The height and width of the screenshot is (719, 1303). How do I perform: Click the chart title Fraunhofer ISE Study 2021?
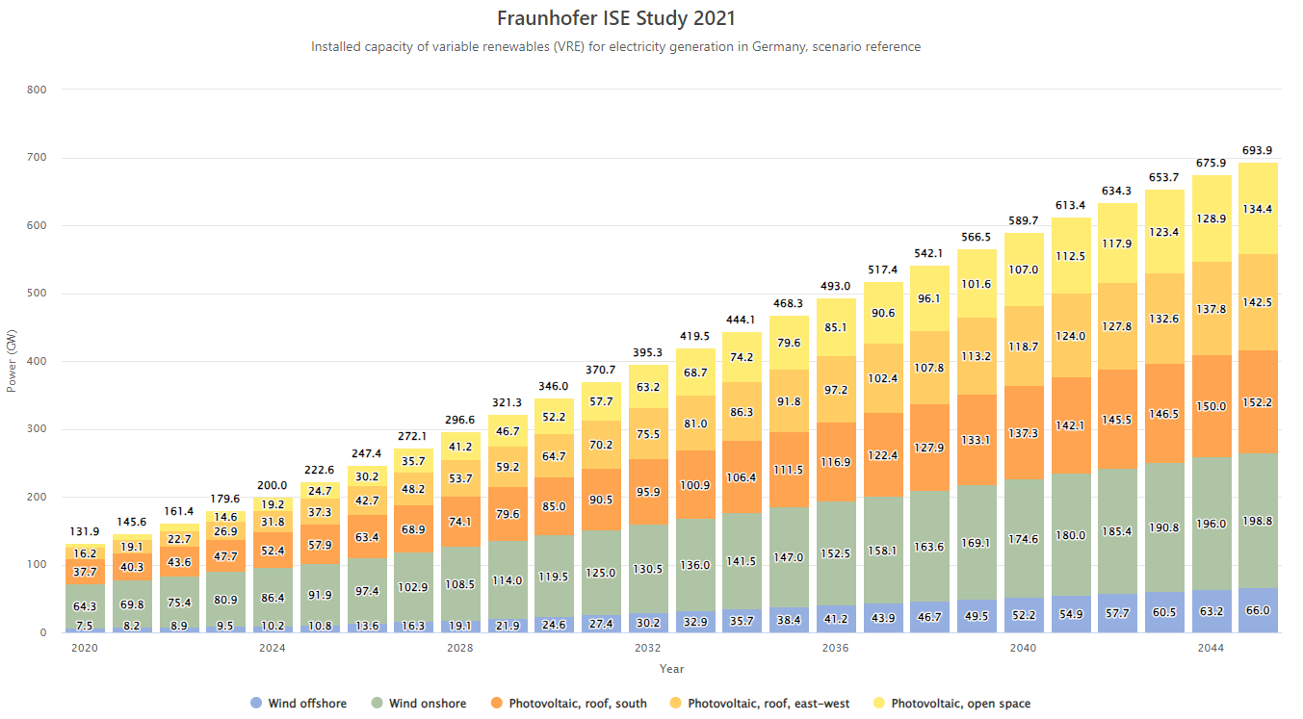tap(615, 18)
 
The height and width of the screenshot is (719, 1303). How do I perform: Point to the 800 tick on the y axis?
tap(37, 90)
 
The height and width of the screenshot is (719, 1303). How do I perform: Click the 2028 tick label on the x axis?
tap(459, 648)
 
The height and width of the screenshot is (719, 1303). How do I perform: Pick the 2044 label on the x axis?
tap(1211, 648)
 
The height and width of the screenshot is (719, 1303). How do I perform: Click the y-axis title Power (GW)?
tap(13, 361)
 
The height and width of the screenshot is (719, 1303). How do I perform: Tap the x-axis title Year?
tap(671, 668)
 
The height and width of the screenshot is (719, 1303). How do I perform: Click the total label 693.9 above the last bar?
tap(1258, 151)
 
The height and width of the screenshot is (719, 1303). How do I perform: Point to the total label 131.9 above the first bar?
tap(85, 532)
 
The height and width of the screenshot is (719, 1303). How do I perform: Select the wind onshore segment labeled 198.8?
tap(1258, 521)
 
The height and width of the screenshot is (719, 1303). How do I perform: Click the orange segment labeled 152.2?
tap(1258, 402)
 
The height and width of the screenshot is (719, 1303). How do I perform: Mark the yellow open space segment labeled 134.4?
tap(1258, 209)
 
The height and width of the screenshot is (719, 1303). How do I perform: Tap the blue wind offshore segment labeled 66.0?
tap(1258, 610)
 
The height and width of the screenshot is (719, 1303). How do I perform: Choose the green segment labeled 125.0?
tap(601, 573)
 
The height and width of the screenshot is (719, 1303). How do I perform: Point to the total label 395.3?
tap(648, 354)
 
